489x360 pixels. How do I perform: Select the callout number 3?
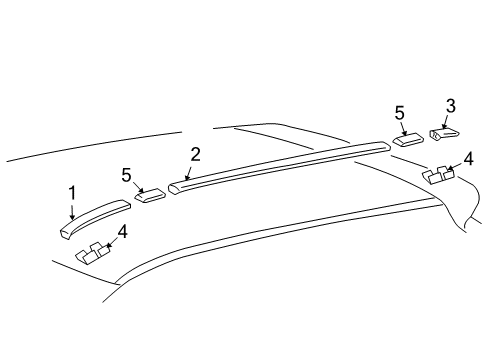(451, 105)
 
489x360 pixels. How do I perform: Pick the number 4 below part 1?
(122, 233)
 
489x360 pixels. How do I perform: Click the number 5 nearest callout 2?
(126, 175)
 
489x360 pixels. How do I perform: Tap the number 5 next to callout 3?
(399, 113)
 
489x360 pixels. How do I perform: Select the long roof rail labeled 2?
(280, 163)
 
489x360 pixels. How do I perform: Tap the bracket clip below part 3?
(437, 175)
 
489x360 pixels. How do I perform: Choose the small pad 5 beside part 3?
(410, 139)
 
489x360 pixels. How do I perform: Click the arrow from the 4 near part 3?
(456, 164)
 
